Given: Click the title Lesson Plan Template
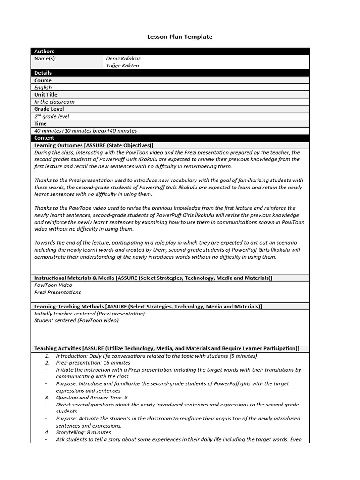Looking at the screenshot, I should [180, 37].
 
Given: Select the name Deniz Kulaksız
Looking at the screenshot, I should [123, 59].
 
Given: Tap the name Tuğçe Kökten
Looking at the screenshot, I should [122, 66].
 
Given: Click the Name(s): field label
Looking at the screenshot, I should [45, 59].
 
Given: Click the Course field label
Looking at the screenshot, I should [43, 80].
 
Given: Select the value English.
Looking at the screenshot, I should [44, 87].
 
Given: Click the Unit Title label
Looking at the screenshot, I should [45, 95].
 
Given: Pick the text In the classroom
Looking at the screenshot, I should [54, 102].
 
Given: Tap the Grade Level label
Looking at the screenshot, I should [49, 109].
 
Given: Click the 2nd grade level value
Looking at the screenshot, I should [52, 116].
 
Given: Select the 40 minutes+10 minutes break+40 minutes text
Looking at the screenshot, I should [85, 131].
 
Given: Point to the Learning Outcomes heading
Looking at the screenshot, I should [94, 145].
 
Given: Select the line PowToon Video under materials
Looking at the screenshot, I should [53, 285].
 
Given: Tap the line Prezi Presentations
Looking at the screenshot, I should [58, 292].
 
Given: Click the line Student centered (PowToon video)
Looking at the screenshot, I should [76, 321].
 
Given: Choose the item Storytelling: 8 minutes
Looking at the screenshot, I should [83, 432].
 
